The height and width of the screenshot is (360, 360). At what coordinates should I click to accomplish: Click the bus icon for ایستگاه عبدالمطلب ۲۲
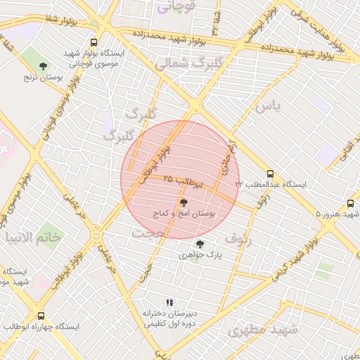pyautogui.click(x=270, y=173)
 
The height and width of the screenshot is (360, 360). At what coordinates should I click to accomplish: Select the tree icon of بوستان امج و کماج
pyautogui.click(x=184, y=201)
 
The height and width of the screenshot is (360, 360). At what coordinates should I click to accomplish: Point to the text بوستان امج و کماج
pyautogui.click(x=185, y=212)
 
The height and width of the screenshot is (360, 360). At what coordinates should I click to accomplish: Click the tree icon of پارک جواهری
pyautogui.click(x=200, y=244)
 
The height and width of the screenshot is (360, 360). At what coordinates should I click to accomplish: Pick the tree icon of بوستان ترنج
pyautogui.click(x=44, y=66)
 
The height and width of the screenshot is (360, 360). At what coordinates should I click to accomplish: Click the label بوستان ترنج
pyautogui.click(x=44, y=77)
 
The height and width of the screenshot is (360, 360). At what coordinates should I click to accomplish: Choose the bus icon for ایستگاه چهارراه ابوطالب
pyautogui.click(x=41, y=316)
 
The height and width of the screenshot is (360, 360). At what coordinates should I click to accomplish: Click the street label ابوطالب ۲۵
pyautogui.click(x=183, y=181)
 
